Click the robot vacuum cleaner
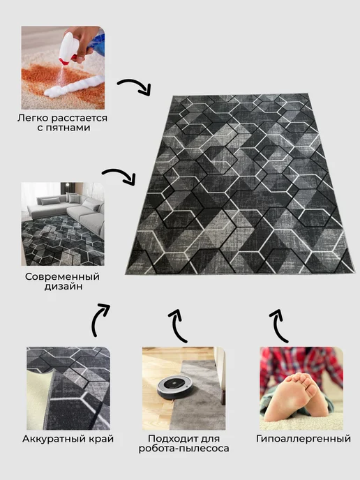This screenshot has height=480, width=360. point(176,388)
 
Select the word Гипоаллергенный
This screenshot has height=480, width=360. point(303,439)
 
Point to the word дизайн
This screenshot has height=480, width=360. point(63,287)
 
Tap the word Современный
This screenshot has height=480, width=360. point(63,277)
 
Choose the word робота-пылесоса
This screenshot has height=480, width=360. point(183,449)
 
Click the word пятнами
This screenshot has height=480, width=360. point(63,128)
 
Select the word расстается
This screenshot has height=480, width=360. point(79,118)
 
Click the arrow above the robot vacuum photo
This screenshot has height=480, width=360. point(178,326)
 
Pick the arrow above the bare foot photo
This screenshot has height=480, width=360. point(279,326)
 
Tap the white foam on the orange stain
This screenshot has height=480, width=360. point(73,87)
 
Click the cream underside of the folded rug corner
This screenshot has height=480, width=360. point(40,398)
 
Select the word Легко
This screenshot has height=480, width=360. point(33,118)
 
